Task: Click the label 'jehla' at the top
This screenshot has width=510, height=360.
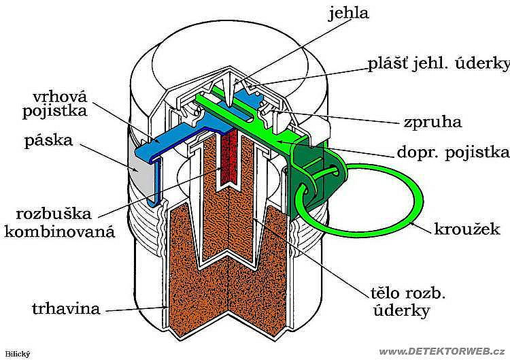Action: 349,14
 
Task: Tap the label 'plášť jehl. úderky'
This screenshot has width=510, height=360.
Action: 439,65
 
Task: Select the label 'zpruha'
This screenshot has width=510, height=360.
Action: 432,122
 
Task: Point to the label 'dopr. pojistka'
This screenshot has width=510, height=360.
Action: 453,152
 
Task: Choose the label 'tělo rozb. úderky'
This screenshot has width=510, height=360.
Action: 408,302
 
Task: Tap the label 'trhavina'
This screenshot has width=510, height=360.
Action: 66,308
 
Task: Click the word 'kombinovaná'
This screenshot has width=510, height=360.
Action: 60,232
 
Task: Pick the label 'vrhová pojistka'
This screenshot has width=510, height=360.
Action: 54,104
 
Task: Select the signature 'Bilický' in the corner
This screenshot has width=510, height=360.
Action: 18,354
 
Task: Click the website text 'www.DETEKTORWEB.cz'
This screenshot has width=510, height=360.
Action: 442,352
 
